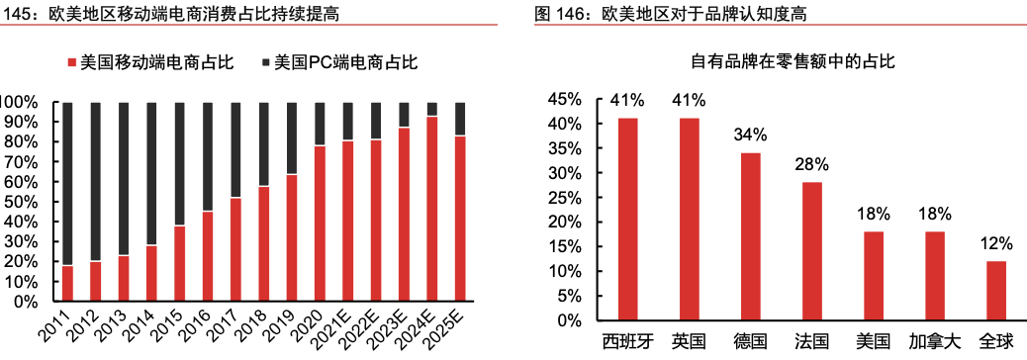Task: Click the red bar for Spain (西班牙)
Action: (628, 219)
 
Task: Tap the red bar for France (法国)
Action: (811, 250)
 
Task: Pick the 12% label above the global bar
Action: (994, 243)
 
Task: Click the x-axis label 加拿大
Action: (934, 342)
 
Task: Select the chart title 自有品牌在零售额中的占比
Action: (792, 61)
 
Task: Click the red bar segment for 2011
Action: (67, 283)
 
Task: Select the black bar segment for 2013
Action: (124, 178)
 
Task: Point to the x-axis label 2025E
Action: (453, 332)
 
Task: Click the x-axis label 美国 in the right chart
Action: (873, 342)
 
